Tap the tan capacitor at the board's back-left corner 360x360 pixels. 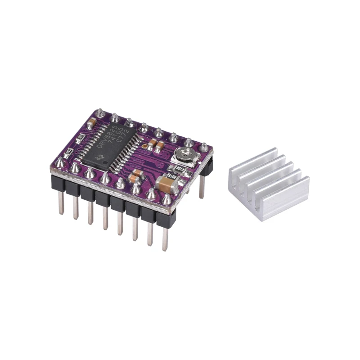click(92, 121)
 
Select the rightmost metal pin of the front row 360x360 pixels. click(165, 238)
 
